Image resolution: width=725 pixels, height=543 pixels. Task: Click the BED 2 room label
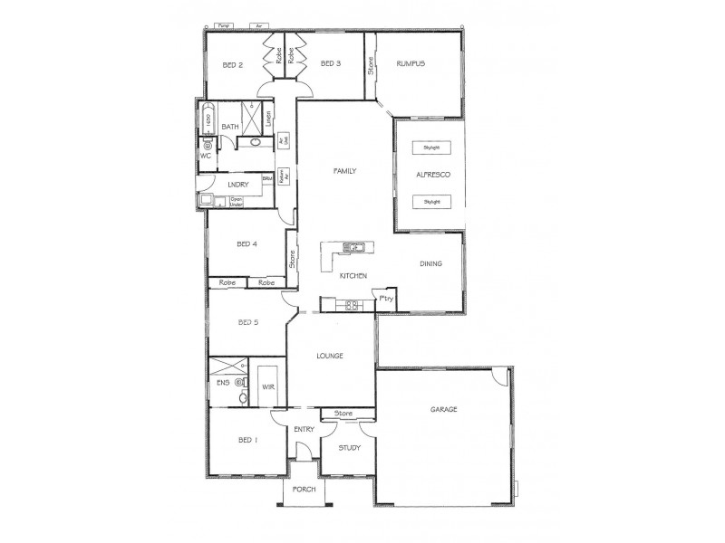point(233,64)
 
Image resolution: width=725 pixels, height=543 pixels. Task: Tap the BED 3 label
point(331,63)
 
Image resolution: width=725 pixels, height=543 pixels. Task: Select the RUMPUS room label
point(411,63)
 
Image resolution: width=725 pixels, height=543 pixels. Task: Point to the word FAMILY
point(344,170)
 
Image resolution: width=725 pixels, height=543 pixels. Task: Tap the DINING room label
point(430,264)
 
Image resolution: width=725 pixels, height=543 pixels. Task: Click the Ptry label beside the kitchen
point(386,299)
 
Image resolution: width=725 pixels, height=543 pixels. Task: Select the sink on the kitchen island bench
point(353,246)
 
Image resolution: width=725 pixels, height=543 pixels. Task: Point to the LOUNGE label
point(329,356)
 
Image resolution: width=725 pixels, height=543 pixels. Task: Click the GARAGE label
point(443,409)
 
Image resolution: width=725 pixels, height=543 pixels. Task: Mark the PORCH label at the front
point(304,490)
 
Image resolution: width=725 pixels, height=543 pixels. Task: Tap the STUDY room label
point(349,448)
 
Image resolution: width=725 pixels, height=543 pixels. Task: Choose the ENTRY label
point(304,429)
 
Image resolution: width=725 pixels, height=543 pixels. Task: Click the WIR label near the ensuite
point(267,386)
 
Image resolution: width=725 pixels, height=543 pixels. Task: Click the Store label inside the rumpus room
point(371,65)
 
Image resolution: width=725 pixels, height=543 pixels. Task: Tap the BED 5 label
point(249,321)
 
